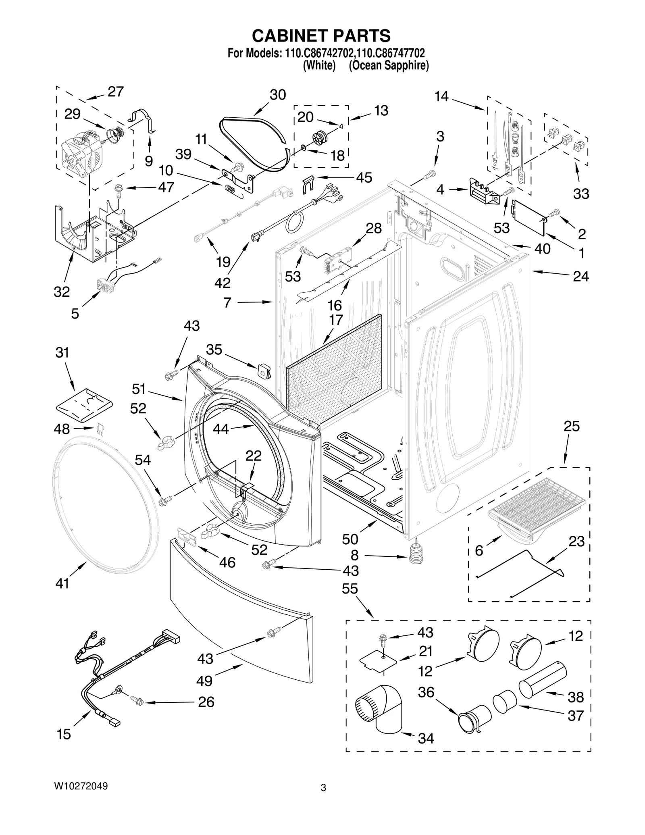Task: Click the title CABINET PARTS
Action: (x=321, y=36)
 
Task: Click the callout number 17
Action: (x=335, y=320)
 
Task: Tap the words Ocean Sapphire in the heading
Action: (x=389, y=66)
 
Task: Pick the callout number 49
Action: (x=204, y=681)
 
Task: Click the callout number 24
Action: (x=580, y=277)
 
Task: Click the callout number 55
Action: (x=350, y=589)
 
